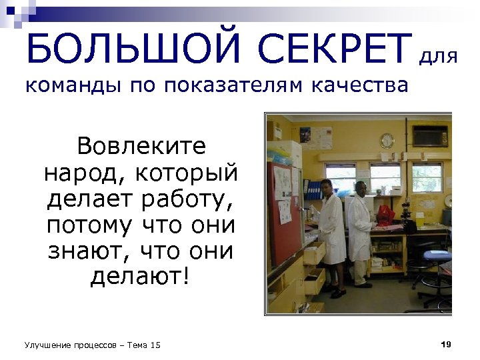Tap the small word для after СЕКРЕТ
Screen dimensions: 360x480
pyautogui.click(x=438, y=58)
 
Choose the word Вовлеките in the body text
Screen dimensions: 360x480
pyautogui.click(x=141, y=145)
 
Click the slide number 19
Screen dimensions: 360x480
pyautogui.click(x=447, y=344)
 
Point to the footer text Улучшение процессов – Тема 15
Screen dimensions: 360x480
pyautogui.click(x=93, y=345)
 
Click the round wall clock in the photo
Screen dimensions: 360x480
pyautogui.click(x=387, y=141)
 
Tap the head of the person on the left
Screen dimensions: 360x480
pyautogui.click(x=326, y=186)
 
